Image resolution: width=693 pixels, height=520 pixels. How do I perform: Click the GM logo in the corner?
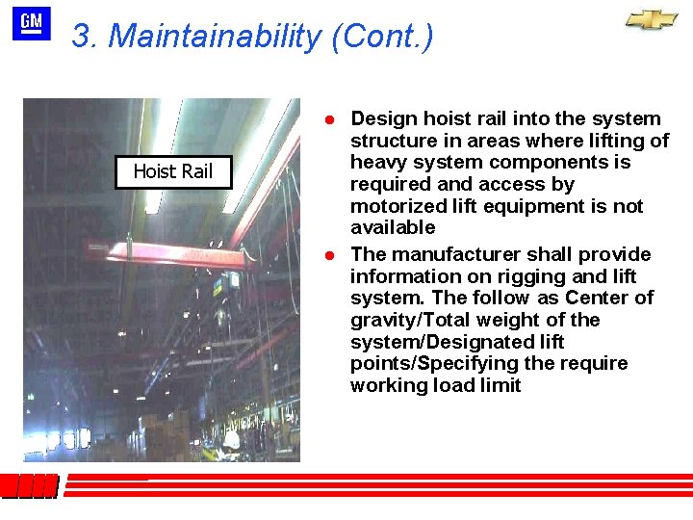tap(32, 23)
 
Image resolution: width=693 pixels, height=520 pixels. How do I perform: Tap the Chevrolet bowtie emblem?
tap(651, 20)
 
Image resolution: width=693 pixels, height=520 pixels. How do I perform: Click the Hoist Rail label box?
tap(172, 171)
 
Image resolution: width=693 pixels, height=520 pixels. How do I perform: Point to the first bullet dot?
tap(328, 120)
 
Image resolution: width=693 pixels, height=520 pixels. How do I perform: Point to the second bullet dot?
tap(328, 256)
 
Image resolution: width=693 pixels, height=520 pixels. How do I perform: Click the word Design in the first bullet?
tap(380, 119)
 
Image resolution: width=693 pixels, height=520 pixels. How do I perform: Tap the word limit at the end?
tap(500, 385)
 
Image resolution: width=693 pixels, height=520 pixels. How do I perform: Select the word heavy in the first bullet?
tap(376, 163)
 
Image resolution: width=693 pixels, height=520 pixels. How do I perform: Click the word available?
tap(393, 227)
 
